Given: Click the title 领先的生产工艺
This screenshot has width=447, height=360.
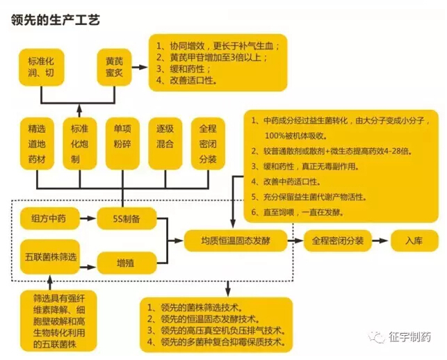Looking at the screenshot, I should (56, 20).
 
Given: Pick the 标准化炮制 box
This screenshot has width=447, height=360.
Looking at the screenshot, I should (80, 142).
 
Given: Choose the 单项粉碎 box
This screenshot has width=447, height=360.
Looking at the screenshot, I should (123, 142).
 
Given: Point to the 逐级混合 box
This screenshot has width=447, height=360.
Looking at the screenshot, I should (165, 142).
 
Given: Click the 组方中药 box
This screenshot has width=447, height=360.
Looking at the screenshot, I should (49, 218).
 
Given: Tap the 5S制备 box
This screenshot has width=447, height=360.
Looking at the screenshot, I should (129, 218).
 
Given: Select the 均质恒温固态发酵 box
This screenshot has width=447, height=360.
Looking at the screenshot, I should (236, 241).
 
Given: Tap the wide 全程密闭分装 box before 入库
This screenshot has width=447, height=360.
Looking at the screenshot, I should (337, 241).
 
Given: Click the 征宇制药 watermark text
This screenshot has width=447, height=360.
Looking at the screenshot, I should (410, 337).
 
